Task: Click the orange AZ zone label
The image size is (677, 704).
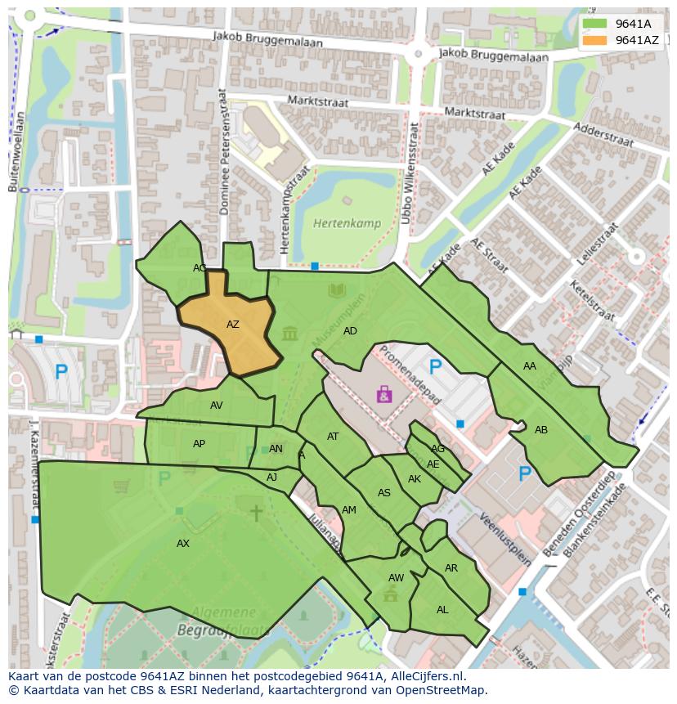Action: [x=233, y=325]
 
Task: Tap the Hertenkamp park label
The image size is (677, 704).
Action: [x=341, y=222]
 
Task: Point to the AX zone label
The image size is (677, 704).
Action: [x=183, y=544]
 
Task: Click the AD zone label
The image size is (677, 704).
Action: [x=350, y=331]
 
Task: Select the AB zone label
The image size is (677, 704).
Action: [x=541, y=430]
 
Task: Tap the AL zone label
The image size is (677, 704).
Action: [x=442, y=610]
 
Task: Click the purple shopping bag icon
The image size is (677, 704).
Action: [x=384, y=395]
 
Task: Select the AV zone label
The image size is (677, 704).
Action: [x=216, y=406]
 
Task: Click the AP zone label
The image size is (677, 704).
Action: [x=199, y=444]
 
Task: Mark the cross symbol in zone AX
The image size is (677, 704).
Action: [x=256, y=513]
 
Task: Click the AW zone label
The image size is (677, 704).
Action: [x=396, y=578]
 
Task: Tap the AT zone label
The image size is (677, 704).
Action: [x=333, y=437]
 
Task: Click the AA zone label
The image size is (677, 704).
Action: [x=530, y=366]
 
